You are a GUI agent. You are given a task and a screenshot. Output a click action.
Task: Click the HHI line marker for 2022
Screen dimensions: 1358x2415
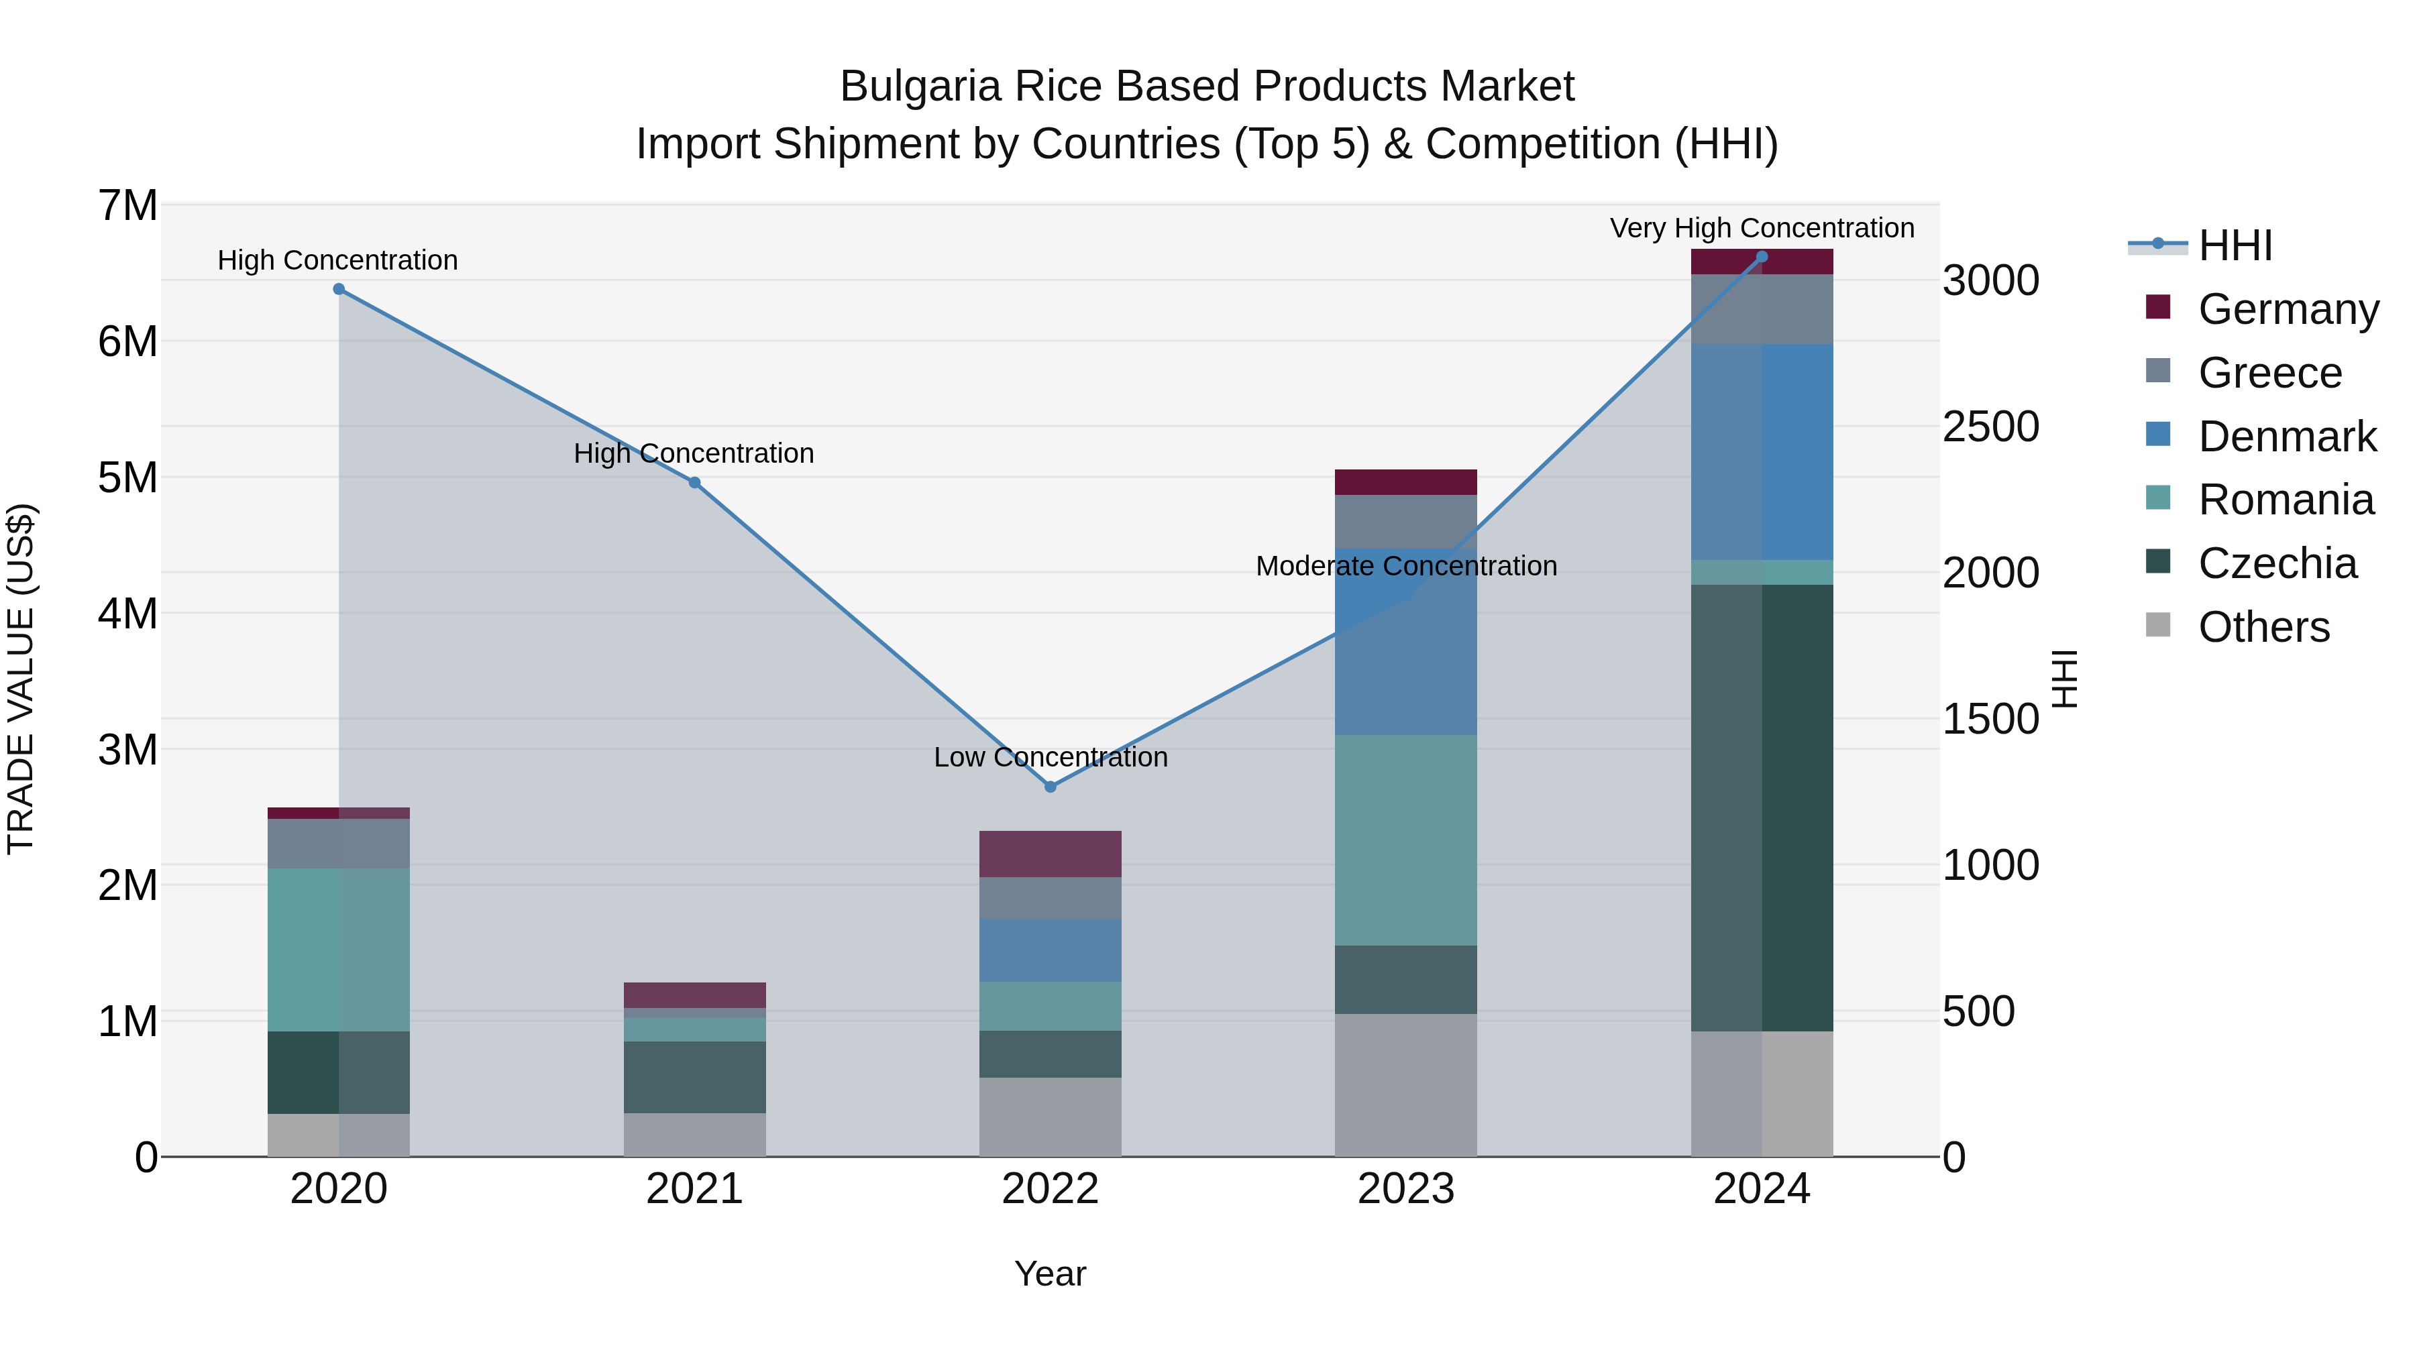pos(1050,787)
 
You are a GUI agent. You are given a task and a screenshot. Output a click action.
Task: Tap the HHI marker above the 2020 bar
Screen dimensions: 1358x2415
pos(339,288)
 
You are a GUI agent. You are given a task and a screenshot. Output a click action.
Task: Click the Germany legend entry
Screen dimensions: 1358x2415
pos(2288,309)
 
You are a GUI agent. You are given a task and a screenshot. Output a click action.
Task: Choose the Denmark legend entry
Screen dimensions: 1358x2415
pos(2287,437)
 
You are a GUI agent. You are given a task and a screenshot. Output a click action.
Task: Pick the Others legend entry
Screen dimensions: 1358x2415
pos(2263,627)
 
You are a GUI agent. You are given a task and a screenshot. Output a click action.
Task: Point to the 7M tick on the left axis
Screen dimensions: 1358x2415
pos(127,205)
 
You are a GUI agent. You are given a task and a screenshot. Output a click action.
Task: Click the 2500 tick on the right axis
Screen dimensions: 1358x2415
pos(1990,427)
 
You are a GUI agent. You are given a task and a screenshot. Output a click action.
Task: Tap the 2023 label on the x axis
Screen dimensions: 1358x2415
pos(1405,1189)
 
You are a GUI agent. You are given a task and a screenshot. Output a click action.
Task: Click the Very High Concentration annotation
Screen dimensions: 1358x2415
pos(1762,228)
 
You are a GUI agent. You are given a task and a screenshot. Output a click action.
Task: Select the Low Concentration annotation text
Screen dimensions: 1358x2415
pos(1050,756)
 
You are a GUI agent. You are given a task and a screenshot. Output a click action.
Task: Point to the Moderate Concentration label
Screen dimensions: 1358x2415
pos(1405,566)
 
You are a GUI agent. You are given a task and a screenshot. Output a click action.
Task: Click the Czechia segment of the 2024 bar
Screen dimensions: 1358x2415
pos(1762,806)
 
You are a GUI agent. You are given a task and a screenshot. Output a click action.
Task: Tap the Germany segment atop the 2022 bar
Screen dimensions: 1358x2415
pos(1050,853)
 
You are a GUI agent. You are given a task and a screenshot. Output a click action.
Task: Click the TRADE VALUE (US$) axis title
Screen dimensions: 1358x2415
pos(21,679)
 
